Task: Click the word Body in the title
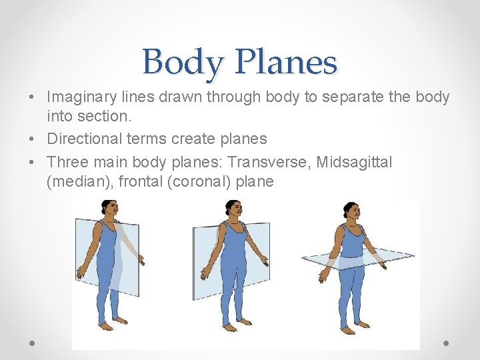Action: (182, 63)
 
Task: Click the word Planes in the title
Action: (286, 63)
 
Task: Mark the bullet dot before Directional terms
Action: (33, 139)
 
